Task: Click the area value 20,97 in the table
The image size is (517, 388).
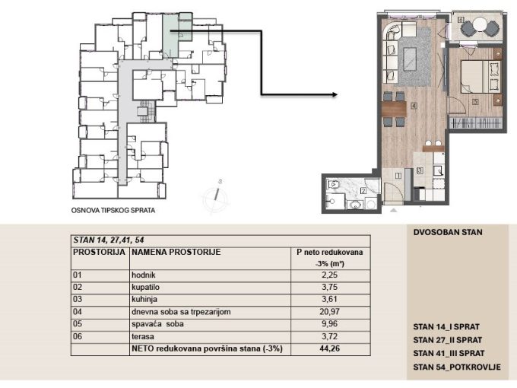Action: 329,311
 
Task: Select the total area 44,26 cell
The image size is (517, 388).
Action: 329,348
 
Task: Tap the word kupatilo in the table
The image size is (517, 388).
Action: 145,287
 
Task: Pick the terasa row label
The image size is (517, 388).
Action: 143,336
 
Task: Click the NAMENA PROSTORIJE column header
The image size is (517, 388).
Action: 176,252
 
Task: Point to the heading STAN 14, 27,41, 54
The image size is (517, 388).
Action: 109,240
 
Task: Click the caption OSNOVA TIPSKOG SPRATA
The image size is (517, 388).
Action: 113,210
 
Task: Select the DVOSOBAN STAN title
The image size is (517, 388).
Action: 448,232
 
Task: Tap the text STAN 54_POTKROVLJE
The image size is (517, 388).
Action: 457,367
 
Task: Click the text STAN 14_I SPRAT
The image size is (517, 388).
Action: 446,327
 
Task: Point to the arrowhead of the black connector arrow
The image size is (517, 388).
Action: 335,94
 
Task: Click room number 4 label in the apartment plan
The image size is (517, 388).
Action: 414,106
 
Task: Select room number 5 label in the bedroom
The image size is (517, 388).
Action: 475,102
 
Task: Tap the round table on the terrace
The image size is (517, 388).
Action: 480,25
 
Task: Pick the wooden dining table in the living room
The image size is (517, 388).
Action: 394,109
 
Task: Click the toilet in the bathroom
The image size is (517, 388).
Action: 333,184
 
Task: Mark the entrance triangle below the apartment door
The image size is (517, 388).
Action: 393,209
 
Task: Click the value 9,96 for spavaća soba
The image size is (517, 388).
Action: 329,323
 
